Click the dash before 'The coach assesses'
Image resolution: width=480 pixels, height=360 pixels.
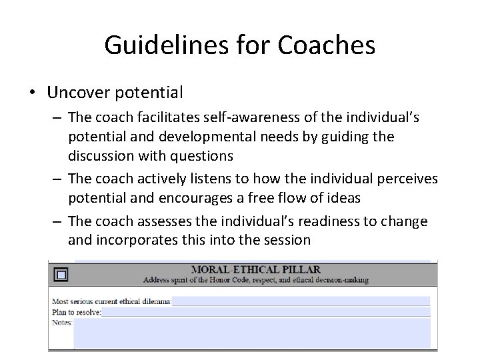click(57, 221)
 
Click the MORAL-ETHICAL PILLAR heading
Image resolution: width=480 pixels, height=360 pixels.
click(255, 270)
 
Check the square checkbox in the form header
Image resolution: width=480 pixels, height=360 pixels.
click(61, 275)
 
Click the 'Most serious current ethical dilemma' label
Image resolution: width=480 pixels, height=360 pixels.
click(111, 301)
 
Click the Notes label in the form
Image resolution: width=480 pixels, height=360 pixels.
click(62, 322)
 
